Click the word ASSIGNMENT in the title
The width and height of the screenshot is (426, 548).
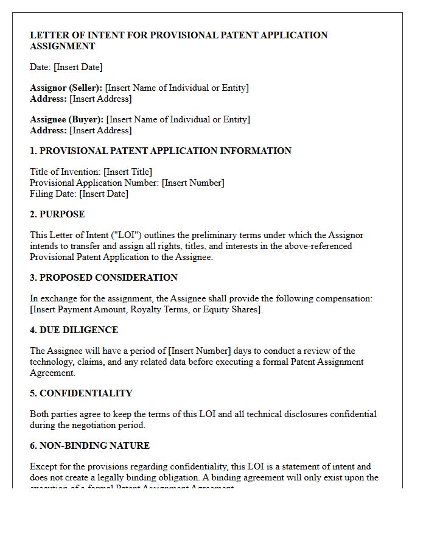pyautogui.click(x=63, y=46)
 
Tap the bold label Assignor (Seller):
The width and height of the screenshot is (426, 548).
pyautogui.click(x=66, y=88)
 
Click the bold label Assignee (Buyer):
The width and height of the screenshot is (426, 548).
pyautogui.click(x=67, y=119)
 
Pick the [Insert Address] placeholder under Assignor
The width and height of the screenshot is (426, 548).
pyautogui.click(x=100, y=99)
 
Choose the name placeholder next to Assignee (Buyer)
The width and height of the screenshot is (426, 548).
pyautogui.click(x=178, y=119)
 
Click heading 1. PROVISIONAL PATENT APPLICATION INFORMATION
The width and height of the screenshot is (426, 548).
pyautogui.click(x=161, y=151)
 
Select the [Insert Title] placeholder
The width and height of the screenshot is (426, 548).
pyautogui.click(x=128, y=172)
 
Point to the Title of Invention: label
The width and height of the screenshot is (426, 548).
pyautogui.click(x=65, y=172)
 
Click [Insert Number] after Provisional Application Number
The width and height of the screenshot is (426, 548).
pyautogui.click(x=193, y=183)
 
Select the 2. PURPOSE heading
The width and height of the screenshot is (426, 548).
pyautogui.click(x=57, y=214)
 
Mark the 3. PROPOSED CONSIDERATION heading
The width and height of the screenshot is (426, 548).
pyautogui.click(x=103, y=278)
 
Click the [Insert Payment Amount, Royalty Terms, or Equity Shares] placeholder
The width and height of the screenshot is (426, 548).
pyautogui.click(x=146, y=309)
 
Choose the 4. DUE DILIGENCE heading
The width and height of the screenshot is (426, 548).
pyautogui.click(x=74, y=330)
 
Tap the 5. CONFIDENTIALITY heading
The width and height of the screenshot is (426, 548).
pyautogui.click(x=81, y=393)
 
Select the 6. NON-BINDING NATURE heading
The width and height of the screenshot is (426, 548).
pyautogui.click(x=89, y=446)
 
